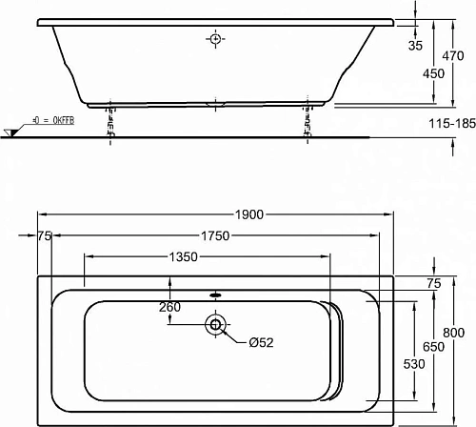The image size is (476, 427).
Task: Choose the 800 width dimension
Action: click(x=459, y=333)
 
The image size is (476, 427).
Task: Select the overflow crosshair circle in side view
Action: click(x=215, y=39)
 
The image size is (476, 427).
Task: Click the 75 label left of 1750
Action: click(x=45, y=235)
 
